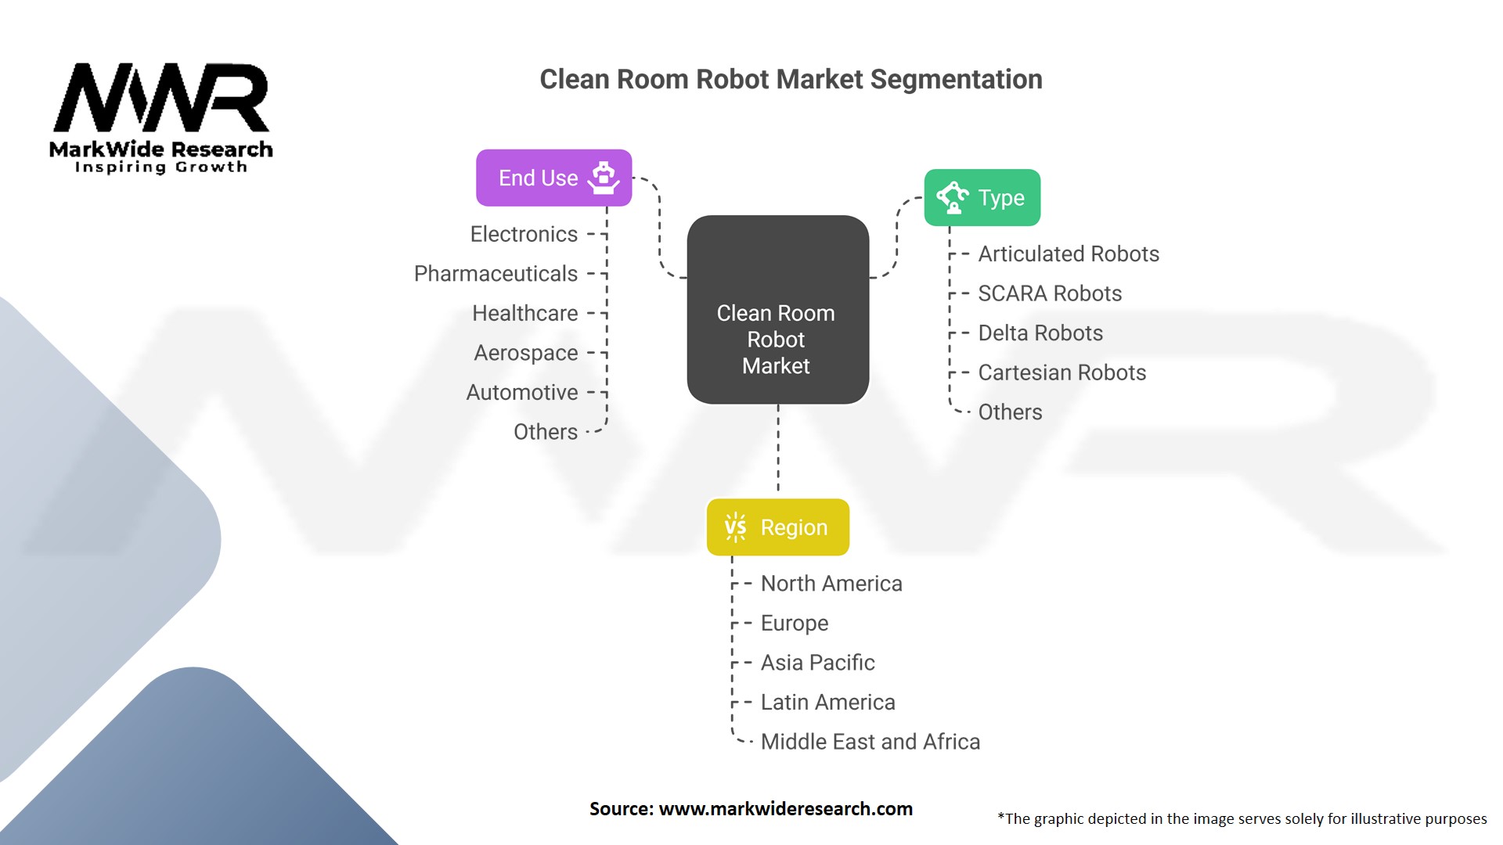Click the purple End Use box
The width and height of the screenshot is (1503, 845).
click(x=553, y=178)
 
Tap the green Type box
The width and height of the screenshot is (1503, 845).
click(x=982, y=198)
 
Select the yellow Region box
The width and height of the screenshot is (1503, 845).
click(x=777, y=527)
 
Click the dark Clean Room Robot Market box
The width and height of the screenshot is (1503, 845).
click(x=777, y=310)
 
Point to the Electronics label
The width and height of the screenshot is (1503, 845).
click(x=524, y=234)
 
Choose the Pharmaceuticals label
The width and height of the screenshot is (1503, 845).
click(x=496, y=274)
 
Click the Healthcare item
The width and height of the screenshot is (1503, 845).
click(x=524, y=313)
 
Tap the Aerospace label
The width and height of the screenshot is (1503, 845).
click(x=525, y=353)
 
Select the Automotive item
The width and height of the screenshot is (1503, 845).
click(x=522, y=392)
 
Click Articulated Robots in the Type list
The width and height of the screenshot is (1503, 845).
click(x=1068, y=253)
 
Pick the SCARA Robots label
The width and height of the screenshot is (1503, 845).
click(x=1050, y=293)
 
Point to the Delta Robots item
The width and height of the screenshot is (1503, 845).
click(x=1040, y=333)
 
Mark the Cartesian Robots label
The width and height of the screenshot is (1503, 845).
click(x=1061, y=372)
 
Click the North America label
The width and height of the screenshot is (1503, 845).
click(x=831, y=584)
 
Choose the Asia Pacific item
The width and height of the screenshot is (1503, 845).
click(x=817, y=663)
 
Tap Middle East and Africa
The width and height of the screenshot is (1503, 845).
click(x=870, y=742)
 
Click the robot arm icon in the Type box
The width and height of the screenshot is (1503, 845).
click(x=953, y=197)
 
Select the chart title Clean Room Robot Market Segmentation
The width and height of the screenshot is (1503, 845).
click(x=791, y=79)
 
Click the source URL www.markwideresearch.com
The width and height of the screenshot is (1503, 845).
click(x=785, y=809)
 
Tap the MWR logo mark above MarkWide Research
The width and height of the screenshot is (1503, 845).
click(x=160, y=98)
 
